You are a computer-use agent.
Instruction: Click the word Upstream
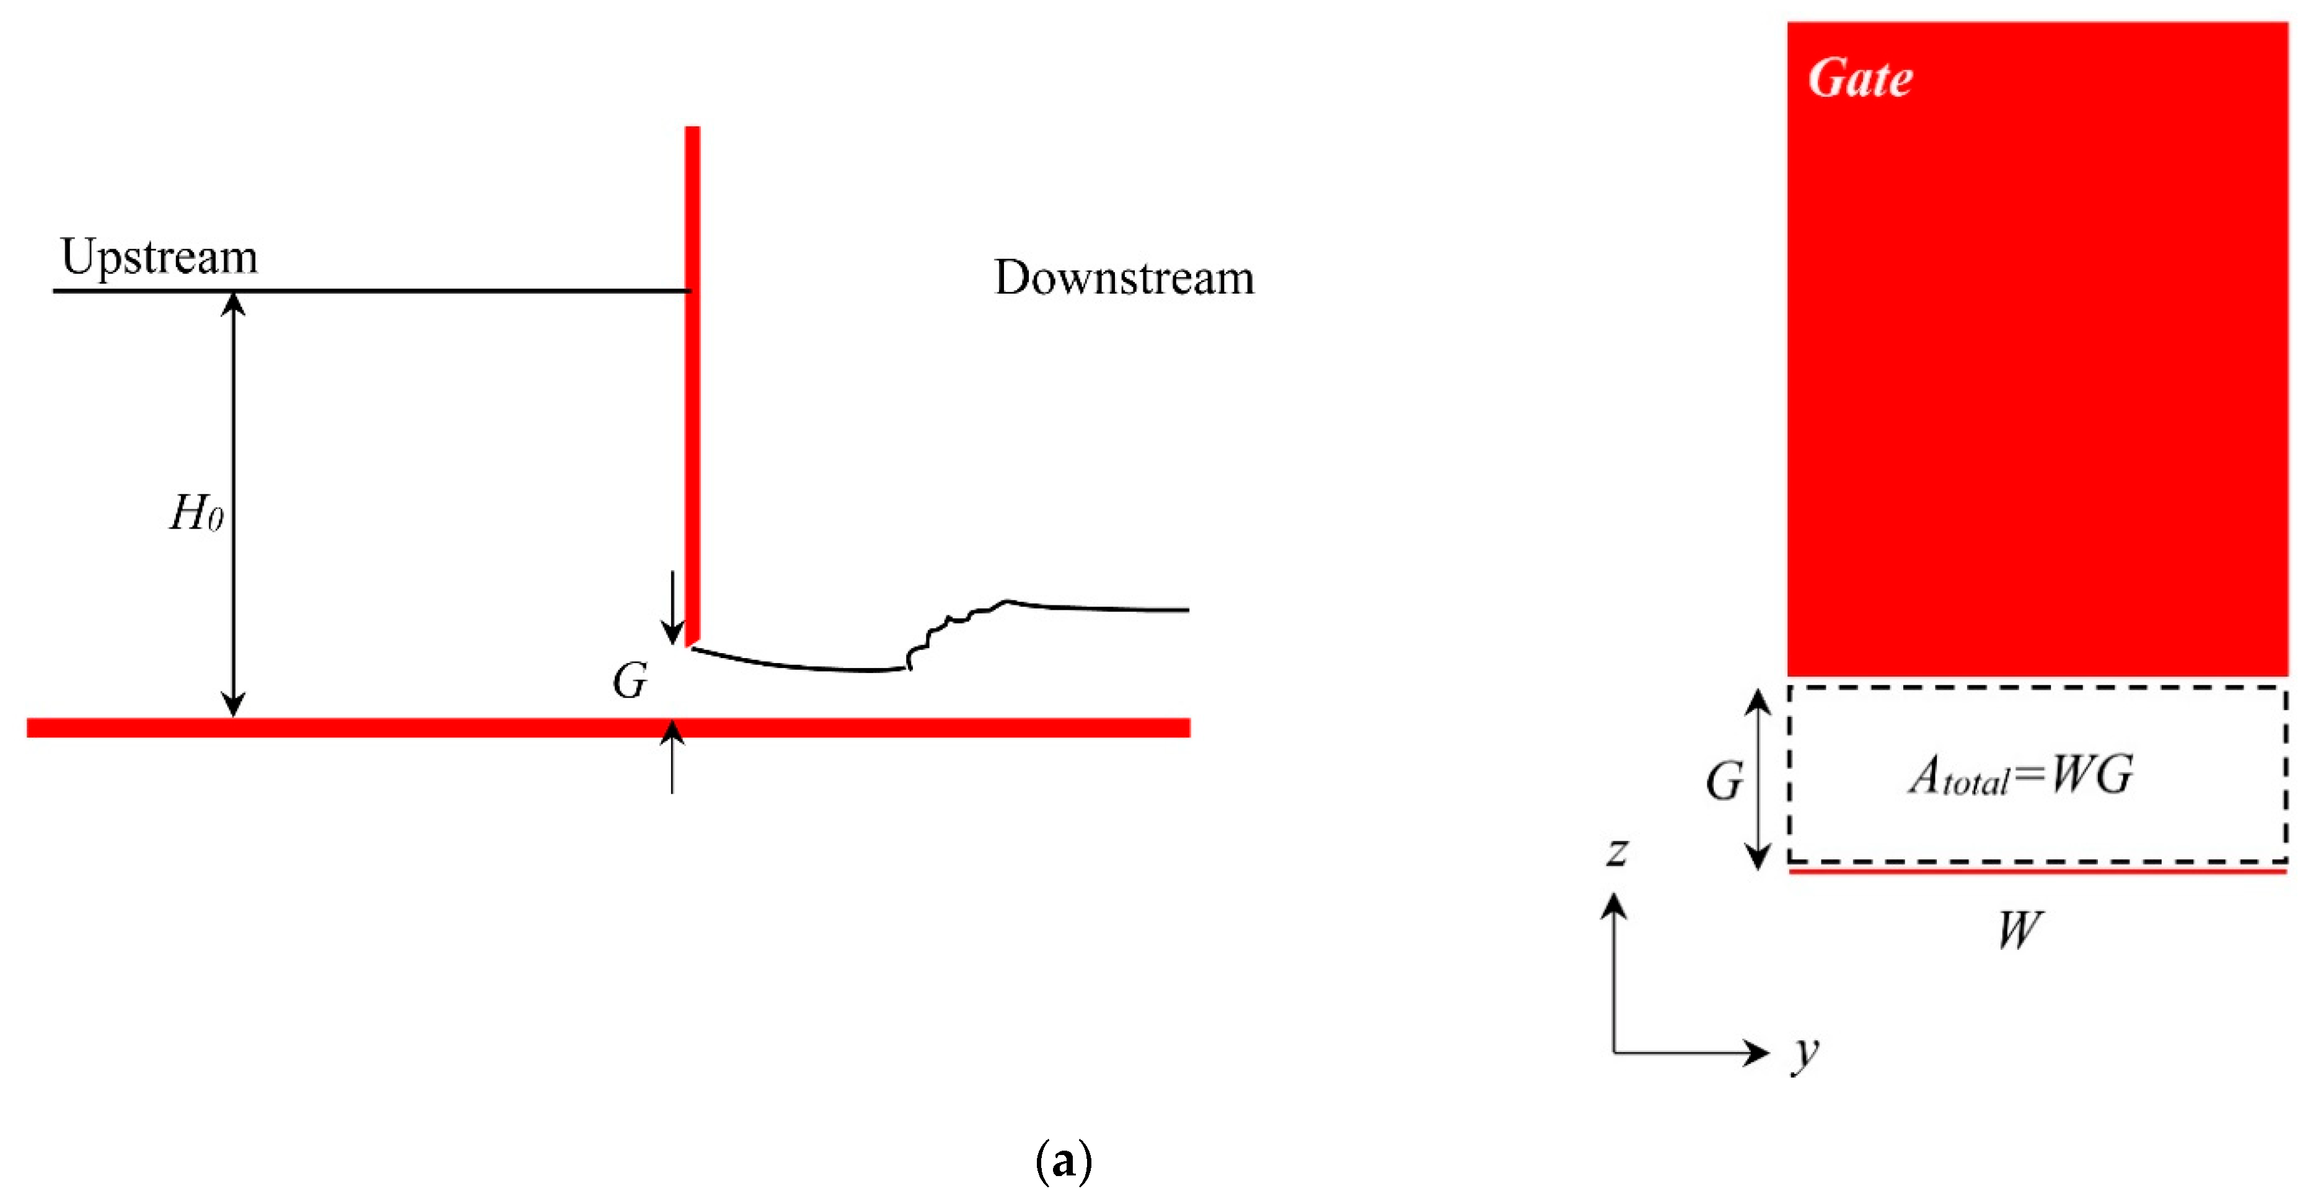coord(159,257)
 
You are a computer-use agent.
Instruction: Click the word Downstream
coord(1124,278)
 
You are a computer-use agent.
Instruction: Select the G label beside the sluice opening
coord(629,681)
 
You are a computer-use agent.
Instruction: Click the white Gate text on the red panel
coord(1860,78)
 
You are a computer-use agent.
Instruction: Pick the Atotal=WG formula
coord(2020,776)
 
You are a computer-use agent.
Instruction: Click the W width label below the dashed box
coord(2019,930)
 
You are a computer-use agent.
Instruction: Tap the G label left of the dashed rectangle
coord(1723,781)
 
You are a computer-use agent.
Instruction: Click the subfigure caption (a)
coord(1064,1161)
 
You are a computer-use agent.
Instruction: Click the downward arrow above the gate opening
coord(672,609)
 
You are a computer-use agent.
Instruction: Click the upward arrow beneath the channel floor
coord(672,757)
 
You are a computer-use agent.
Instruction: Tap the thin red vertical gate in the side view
coord(692,376)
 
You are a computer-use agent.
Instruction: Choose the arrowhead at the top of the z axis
coord(1614,907)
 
